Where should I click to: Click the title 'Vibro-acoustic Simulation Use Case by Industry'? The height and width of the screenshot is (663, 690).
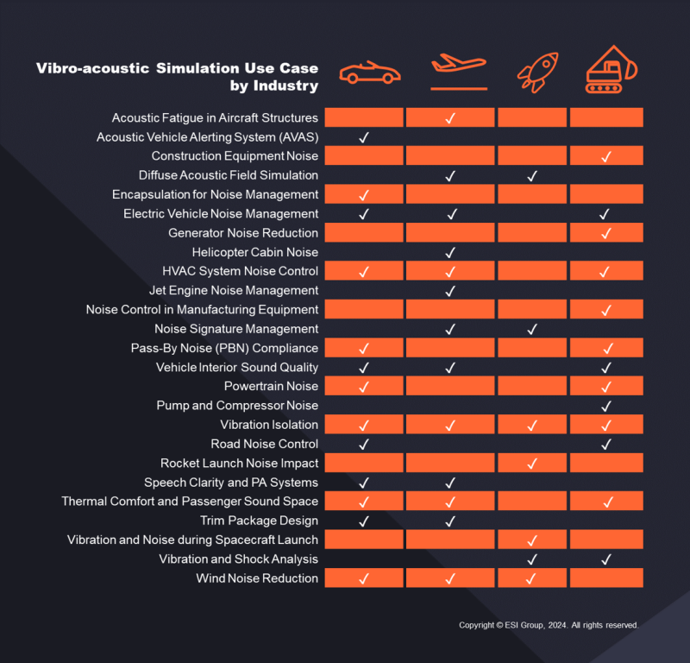coord(177,77)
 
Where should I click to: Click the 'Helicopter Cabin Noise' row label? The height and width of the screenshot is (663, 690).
coord(254,252)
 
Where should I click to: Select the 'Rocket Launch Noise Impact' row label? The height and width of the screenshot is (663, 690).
coord(239,464)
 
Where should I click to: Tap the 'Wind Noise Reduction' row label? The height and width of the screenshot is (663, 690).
coord(257,578)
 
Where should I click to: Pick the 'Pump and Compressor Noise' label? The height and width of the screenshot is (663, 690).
coord(237,406)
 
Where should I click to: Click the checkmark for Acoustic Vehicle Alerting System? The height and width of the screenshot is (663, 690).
coord(363,137)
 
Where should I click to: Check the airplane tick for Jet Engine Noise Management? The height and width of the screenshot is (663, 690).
coord(449,291)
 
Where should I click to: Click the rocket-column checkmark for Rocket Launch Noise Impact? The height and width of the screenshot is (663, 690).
coord(532,464)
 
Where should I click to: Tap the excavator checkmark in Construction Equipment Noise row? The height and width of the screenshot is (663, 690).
coord(605,156)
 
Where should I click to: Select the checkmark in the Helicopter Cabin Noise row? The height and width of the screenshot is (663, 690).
coord(449,252)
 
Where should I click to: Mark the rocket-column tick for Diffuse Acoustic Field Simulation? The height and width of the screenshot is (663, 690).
coord(532,176)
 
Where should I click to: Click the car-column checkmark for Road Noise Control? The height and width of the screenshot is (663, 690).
coord(363,445)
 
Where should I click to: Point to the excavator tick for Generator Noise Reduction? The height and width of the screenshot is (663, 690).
coord(605,233)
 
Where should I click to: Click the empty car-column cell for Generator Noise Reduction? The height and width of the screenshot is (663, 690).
coord(363,233)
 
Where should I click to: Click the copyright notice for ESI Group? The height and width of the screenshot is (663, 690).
coord(548,625)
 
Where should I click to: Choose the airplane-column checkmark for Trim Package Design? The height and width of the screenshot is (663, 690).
coord(449,521)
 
